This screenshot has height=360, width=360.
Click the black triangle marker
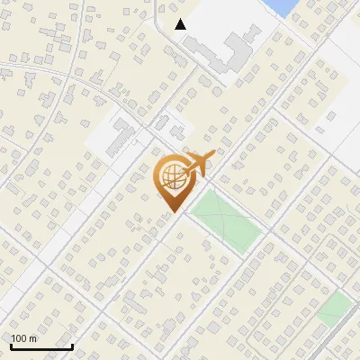coord(181,24)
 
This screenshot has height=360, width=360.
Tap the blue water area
coord(283,6)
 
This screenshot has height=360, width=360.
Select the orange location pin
coord(172,183)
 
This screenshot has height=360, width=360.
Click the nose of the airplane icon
coord(213,155)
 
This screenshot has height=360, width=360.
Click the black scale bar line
coord(41,346)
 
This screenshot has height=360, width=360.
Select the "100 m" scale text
coord(23,338)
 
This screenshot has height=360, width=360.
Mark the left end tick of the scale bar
coord(11,345)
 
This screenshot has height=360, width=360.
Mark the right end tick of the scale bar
coord(72,345)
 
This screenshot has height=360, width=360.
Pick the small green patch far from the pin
coord(334,308)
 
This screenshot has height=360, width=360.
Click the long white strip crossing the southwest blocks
coord(85,207)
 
